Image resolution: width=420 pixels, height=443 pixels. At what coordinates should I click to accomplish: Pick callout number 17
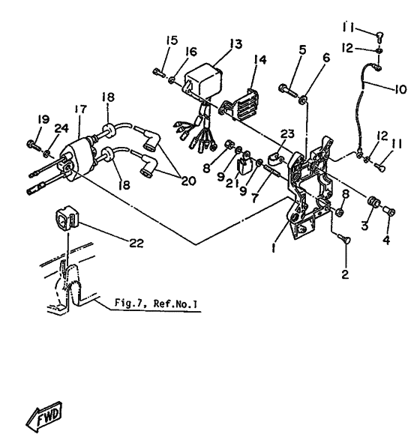tap(81, 109)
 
